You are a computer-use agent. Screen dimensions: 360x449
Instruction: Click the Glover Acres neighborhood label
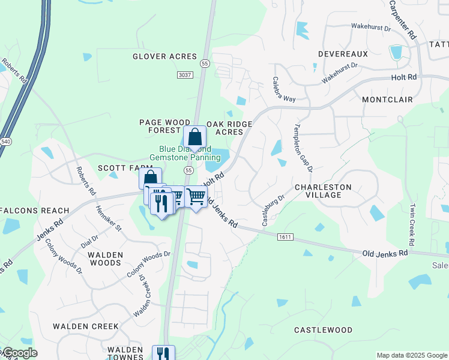pyautogui.click(x=164, y=56)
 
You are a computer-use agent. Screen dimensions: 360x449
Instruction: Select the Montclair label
pyautogui.click(x=386, y=98)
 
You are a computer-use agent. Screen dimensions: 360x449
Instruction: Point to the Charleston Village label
pyautogui.click(x=323, y=191)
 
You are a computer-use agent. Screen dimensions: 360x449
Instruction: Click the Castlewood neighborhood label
pyautogui.click(x=323, y=330)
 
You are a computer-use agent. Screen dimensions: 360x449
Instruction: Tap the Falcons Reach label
pyautogui.click(x=34, y=211)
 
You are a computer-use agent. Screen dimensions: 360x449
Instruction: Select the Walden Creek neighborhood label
pyautogui.click(x=86, y=326)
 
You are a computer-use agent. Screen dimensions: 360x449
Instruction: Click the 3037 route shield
pyautogui.click(x=185, y=75)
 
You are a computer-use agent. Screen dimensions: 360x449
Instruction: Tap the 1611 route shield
pyautogui.click(x=285, y=238)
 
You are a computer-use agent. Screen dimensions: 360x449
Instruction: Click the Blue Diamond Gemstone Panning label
pyautogui.click(x=185, y=153)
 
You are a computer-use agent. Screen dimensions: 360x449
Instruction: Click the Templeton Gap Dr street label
pyautogui.click(x=303, y=148)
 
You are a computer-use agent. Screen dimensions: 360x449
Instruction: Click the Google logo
pyautogui.click(x=19, y=353)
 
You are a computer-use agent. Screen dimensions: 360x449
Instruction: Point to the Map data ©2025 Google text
pyautogui.click(x=411, y=355)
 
